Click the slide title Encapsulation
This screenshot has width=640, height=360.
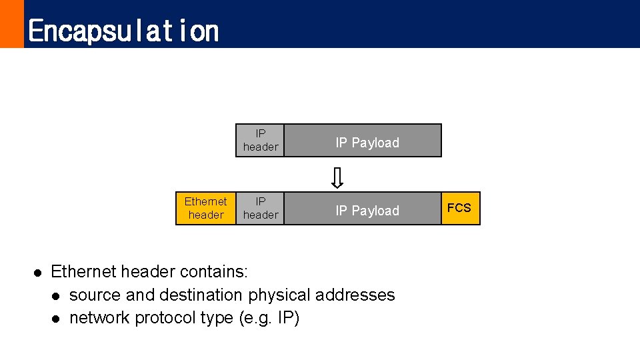pos(123,31)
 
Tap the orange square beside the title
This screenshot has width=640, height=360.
pos(11,24)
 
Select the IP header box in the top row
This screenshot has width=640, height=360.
pos(261,141)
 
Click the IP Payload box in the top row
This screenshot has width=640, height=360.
pos(367,142)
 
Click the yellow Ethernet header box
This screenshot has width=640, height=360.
pos(206,208)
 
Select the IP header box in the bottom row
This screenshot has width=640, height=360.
pos(261,208)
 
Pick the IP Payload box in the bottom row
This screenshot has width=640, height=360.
pos(367,210)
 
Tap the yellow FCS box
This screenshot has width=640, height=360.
pos(459,208)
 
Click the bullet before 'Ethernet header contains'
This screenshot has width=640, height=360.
pos(38,272)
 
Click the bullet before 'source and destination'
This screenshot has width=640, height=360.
pos(57,295)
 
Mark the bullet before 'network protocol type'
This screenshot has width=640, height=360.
pos(57,318)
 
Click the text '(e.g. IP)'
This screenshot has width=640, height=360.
pos(269,317)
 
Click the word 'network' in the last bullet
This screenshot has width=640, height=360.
pos(99,317)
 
